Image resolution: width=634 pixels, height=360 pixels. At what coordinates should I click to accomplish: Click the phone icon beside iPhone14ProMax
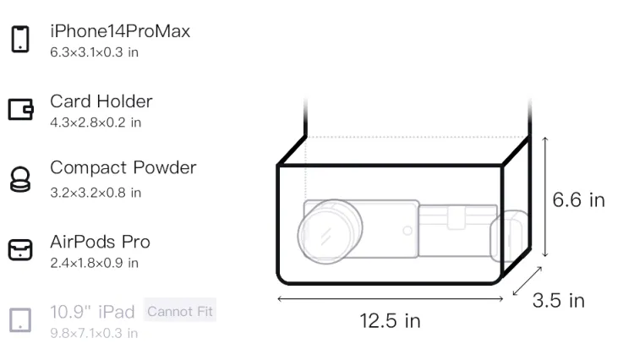20,39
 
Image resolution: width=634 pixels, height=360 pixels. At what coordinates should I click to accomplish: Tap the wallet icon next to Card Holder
20,109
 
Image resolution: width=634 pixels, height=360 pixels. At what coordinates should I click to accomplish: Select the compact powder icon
19,179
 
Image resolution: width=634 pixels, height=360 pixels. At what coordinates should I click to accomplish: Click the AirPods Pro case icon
20,249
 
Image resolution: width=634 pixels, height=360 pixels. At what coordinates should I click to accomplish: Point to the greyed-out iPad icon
20,320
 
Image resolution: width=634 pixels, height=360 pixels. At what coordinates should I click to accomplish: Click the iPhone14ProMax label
120,31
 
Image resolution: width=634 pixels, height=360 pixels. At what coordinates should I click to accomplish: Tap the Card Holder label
101,101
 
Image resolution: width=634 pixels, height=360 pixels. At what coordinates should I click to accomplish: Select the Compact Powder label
123,167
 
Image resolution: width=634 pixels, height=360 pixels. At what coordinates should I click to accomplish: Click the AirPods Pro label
101,242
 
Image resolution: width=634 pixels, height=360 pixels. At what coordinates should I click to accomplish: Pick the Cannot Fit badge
180,311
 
